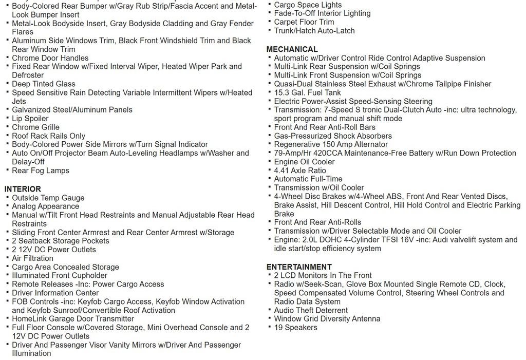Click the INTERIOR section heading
[x=23, y=189]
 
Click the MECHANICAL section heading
[x=292, y=49]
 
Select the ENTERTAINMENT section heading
[x=299, y=267]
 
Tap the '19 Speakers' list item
[x=295, y=327]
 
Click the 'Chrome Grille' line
[x=35, y=127]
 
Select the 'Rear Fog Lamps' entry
[x=40, y=170]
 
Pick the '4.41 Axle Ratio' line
[x=299, y=170]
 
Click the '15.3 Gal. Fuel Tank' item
[x=307, y=92]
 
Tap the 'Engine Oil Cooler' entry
[x=304, y=161]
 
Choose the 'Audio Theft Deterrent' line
[x=311, y=310]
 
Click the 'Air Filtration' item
[x=32, y=258]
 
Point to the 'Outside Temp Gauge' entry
[x=48, y=198]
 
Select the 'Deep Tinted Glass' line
[x=43, y=84]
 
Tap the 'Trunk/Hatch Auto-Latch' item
[x=314, y=30]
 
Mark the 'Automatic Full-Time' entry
[x=308, y=179]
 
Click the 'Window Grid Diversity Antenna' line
[x=327, y=318]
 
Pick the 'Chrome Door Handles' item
[x=50, y=58]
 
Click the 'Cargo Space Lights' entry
[x=308, y=5]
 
